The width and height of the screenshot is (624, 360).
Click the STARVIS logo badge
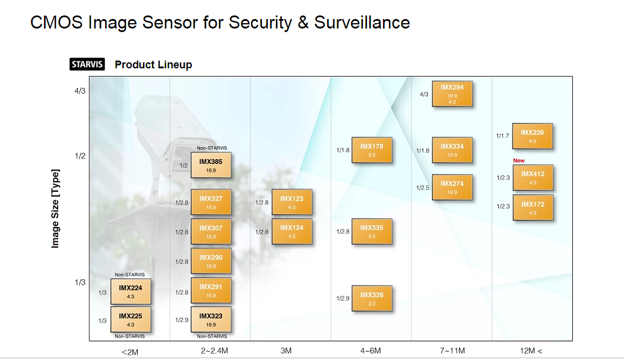point(87,64)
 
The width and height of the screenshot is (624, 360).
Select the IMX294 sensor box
point(452,94)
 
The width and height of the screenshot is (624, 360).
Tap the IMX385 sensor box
point(211,165)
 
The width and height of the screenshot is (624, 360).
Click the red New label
point(518,160)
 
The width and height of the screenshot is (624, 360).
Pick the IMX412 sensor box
point(533,178)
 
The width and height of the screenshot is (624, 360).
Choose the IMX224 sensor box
point(131,292)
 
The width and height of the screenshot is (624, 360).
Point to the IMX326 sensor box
point(372,298)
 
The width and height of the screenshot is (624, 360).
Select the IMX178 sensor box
point(372,150)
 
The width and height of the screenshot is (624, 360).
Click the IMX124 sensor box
point(292,231)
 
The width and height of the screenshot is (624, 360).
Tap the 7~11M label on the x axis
point(452,351)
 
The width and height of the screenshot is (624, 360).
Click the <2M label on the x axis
point(130,352)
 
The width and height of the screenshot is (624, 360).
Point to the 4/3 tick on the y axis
point(80,91)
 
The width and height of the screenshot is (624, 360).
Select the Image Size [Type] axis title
point(55,209)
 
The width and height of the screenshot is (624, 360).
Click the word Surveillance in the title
point(362,23)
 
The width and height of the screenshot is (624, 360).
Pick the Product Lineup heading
point(153,65)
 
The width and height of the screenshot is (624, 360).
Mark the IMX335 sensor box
point(372,231)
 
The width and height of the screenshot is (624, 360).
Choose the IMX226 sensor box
point(532,136)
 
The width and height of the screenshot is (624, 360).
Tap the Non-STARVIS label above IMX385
point(212,148)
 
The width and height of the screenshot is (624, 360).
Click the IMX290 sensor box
point(211,261)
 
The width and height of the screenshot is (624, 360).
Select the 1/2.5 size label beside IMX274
point(423,188)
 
